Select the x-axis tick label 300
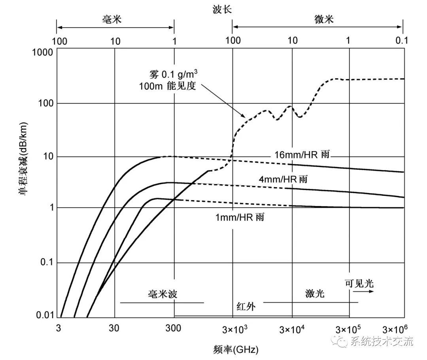point(173,328)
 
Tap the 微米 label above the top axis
point(324,19)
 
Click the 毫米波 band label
point(162,294)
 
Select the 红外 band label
point(246,306)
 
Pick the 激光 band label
point(315,294)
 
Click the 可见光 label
point(359,283)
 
